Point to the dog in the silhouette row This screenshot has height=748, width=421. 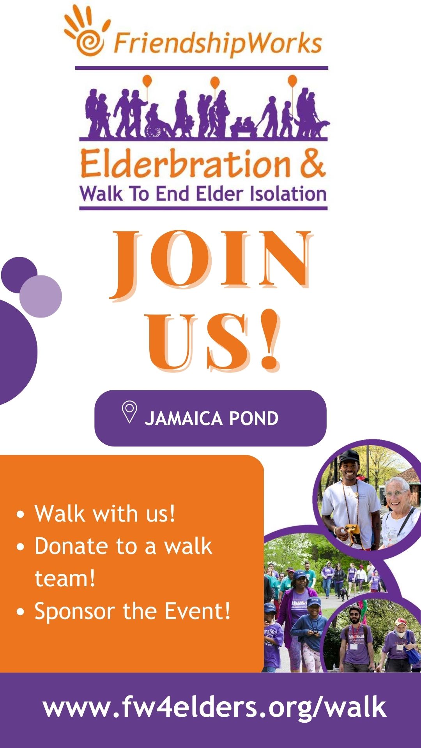(319, 127)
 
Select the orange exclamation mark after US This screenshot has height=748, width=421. (269, 340)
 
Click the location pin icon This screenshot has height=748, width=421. (129, 412)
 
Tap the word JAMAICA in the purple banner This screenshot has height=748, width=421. (183, 419)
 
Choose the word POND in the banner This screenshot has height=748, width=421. (254, 419)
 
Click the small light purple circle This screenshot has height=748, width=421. (41, 296)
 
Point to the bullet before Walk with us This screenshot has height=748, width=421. (21, 514)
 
